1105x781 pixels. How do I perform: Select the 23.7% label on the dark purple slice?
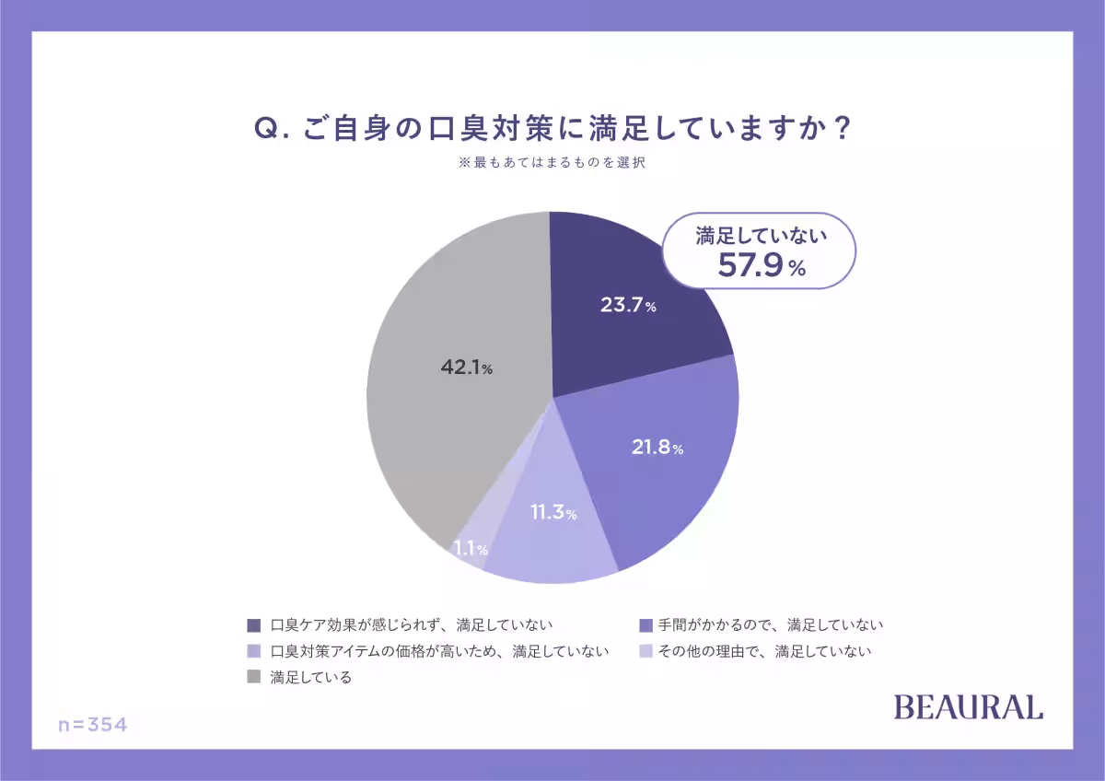(x=628, y=306)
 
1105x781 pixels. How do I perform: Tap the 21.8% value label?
(x=657, y=449)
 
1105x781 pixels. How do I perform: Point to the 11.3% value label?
(x=552, y=513)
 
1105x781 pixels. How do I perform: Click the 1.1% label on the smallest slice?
(x=470, y=550)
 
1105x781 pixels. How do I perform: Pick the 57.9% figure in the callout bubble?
(x=761, y=266)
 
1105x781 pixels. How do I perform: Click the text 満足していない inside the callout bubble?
(x=761, y=236)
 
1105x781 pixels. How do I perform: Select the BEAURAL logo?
(x=968, y=707)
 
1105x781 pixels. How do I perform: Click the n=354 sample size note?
(x=92, y=725)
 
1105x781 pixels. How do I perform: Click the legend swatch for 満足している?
(x=254, y=677)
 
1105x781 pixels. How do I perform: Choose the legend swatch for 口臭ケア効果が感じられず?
(x=254, y=625)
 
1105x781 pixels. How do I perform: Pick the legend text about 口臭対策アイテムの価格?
(x=439, y=651)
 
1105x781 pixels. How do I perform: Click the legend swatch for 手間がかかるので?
(x=646, y=625)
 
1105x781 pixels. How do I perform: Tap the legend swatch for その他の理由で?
(x=646, y=651)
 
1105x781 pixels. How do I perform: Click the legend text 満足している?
(x=311, y=677)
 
